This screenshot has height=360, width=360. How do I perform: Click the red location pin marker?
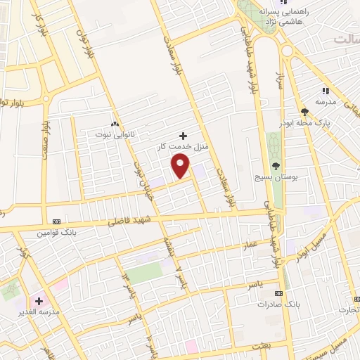coord(181,166)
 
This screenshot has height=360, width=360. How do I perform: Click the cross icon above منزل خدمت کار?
coord(184,135)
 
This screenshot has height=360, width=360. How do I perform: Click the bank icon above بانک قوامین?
coord(56,220)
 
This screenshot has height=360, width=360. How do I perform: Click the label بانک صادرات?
coord(274,304)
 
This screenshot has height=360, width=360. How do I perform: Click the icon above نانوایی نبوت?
coord(114,121)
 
